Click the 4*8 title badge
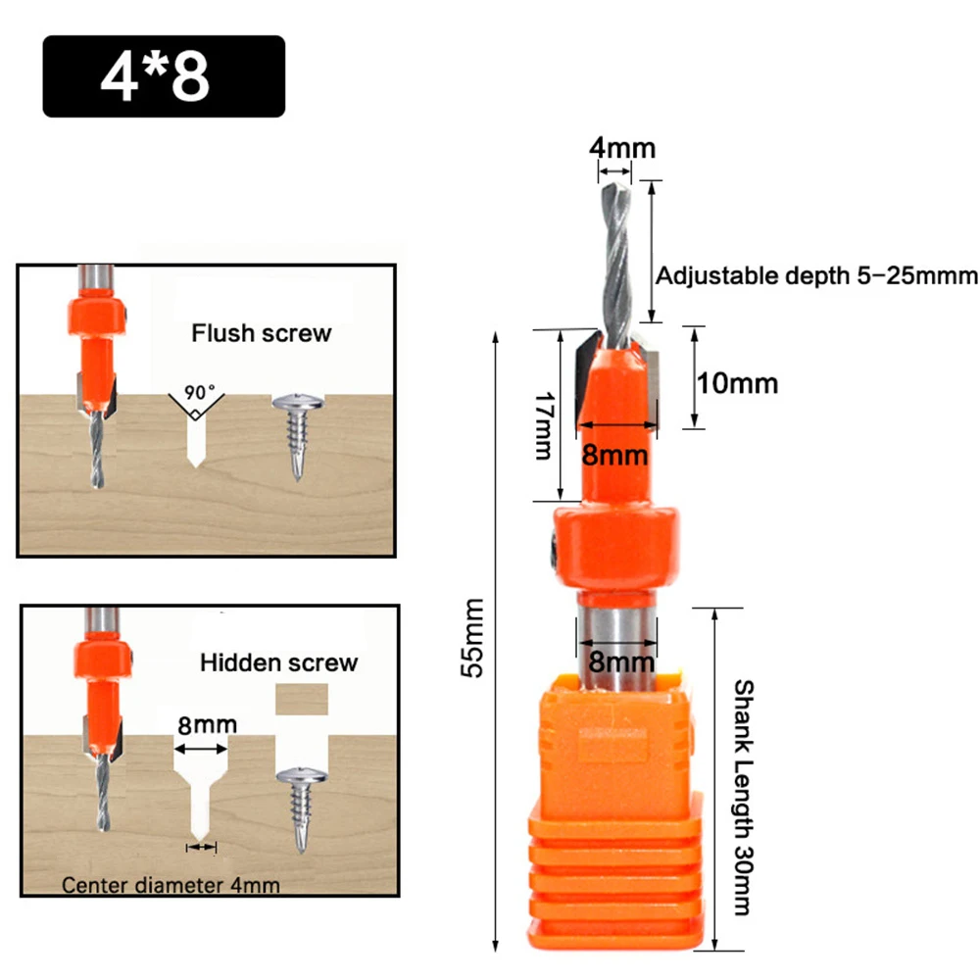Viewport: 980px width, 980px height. pos(164,76)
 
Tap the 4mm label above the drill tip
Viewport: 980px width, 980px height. pos(621,148)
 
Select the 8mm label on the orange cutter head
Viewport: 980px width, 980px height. pos(615,455)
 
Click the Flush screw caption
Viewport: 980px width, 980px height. pos(262,333)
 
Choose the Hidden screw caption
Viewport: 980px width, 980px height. pos(279,662)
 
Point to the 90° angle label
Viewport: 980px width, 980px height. pos(199,392)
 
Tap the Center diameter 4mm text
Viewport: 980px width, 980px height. pos(171,885)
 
